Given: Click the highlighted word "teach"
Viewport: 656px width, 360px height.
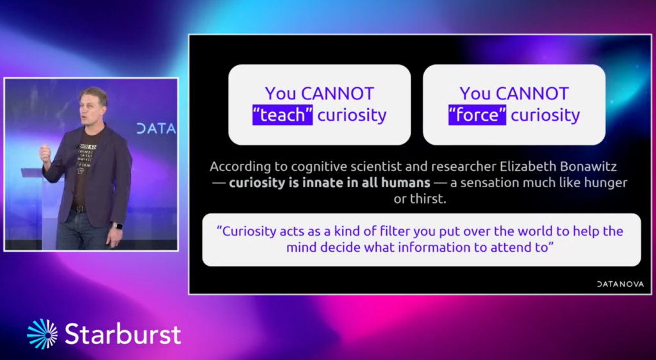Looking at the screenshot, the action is [x=283, y=115].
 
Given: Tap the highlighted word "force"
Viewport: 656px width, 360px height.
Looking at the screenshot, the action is [x=477, y=115].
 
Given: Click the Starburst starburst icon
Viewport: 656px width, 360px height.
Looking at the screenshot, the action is [x=42, y=334].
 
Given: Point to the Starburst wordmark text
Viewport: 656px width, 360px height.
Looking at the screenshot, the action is [x=123, y=334].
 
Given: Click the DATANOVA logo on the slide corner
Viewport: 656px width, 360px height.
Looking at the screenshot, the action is [x=620, y=284].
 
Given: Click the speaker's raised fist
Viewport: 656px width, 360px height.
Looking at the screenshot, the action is [x=45, y=152].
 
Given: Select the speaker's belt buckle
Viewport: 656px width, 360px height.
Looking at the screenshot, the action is [x=78, y=209].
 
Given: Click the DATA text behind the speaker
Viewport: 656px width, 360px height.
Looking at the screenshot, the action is [x=156, y=129].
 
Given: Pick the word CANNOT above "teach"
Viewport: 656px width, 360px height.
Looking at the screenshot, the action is [x=338, y=94].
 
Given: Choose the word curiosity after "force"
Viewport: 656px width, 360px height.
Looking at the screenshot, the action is [x=546, y=115].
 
